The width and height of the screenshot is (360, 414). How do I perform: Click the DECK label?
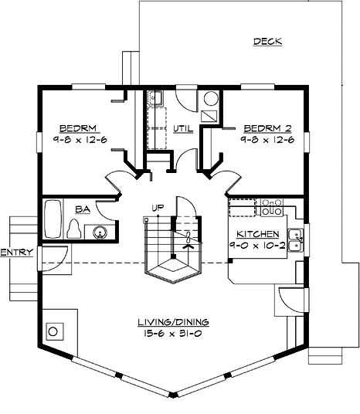coord(267,42)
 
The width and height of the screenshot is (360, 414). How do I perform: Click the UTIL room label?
coord(182,128)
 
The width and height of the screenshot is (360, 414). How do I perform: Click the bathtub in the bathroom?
coord(53,220)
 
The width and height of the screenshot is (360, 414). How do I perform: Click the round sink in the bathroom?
coord(99,231)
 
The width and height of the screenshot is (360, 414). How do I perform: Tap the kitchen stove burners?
coord(270,206)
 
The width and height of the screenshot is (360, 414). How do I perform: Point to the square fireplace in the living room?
coord(53,331)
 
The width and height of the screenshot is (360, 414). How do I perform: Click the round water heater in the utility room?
coord(211,99)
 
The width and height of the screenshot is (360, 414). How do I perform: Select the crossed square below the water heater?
coord(209,117)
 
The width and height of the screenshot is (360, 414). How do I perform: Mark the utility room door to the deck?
coord(186,99)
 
